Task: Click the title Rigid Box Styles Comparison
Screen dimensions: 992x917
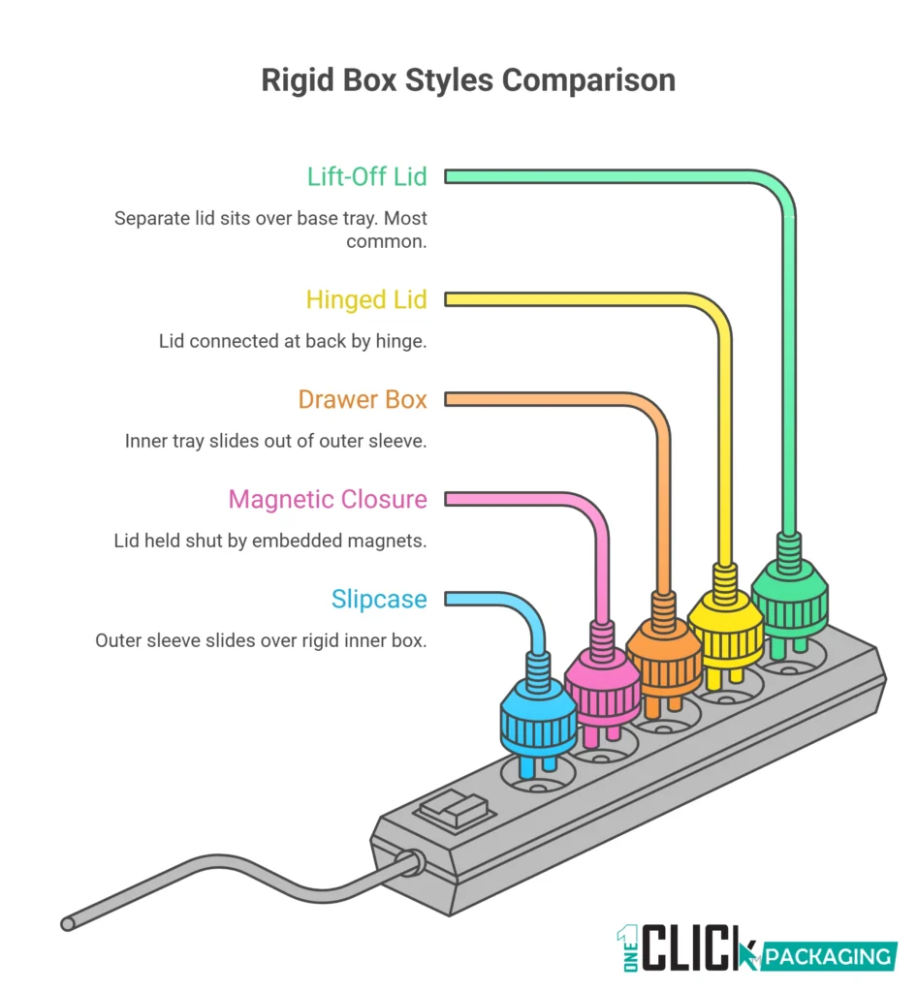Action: coord(468,79)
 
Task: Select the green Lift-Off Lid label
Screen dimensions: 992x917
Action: coord(366,176)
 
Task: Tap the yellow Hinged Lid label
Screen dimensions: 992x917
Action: coord(366,299)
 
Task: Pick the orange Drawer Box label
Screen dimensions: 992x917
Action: coord(363,399)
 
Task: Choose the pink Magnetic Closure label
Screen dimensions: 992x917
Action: coord(328,499)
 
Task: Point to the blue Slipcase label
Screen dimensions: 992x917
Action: coord(379,599)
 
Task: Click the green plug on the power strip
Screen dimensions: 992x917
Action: coord(789,591)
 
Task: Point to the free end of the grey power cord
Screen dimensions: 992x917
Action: coord(68,923)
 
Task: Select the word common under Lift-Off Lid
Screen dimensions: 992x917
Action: coord(386,241)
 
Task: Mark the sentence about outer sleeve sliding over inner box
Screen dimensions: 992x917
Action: coord(261,640)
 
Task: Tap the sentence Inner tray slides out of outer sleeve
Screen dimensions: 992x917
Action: coord(276,441)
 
